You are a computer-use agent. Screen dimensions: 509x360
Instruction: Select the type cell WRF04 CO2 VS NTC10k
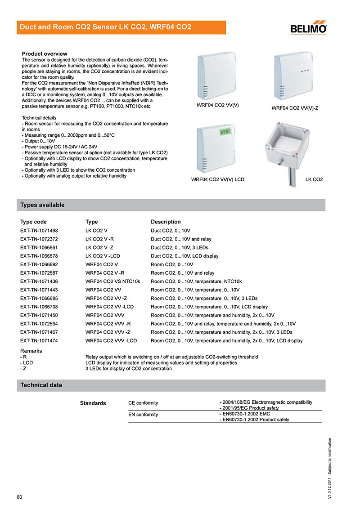tap(113, 281)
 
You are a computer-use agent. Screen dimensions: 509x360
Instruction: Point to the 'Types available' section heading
tap(42, 205)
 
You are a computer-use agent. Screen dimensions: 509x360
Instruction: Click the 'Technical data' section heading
tap(41, 385)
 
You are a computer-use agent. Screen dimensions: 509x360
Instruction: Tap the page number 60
tap(19, 497)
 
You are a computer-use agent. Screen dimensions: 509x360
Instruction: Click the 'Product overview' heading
tap(45, 54)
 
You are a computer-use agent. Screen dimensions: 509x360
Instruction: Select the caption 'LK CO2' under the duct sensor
tap(314, 179)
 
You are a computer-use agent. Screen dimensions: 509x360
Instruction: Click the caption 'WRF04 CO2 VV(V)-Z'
tap(295, 108)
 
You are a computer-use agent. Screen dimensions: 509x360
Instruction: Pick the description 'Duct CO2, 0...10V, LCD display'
tap(184, 256)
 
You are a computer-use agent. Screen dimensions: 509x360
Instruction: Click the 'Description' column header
tap(166, 222)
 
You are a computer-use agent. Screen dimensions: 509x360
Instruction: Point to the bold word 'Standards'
tap(93, 403)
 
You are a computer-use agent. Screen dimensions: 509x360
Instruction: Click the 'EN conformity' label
tap(143, 415)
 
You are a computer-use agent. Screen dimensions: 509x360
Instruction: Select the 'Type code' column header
tap(33, 222)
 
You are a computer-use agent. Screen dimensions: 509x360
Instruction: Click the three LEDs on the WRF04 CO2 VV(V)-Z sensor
tap(306, 71)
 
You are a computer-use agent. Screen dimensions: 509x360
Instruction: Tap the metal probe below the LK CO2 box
tap(288, 173)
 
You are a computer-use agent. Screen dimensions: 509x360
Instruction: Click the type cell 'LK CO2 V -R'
tap(99, 239)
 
